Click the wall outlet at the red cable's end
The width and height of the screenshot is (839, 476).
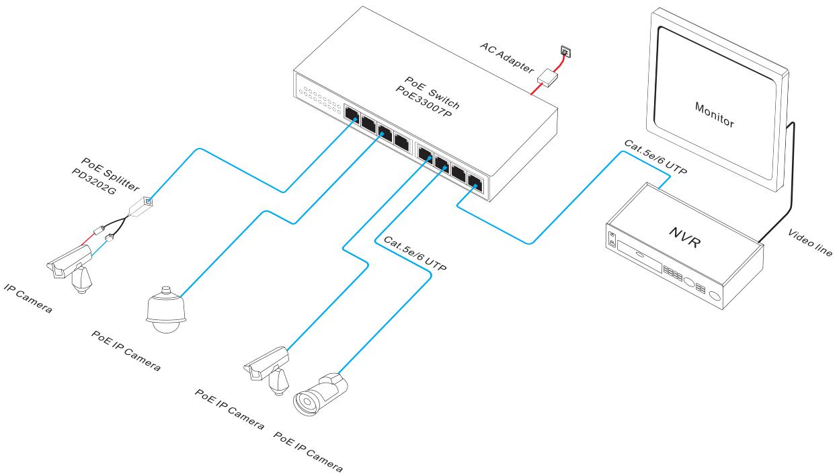pos(564,50)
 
